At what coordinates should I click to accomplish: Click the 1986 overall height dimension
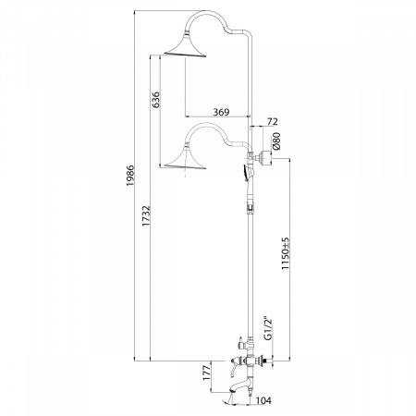[x=130, y=176]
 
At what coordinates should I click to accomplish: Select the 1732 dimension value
[x=146, y=215]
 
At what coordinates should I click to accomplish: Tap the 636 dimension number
[x=156, y=100]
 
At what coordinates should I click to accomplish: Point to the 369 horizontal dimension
[x=221, y=112]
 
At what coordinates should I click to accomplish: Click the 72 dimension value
[x=272, y=121]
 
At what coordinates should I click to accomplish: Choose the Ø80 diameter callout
[x=275, y=141]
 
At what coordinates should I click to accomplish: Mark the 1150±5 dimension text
[x=286, y=253]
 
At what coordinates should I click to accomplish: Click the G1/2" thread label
[x=268, y=327]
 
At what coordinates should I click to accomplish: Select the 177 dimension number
[x=207, y=372]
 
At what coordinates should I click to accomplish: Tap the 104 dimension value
[x=263, y=400]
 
